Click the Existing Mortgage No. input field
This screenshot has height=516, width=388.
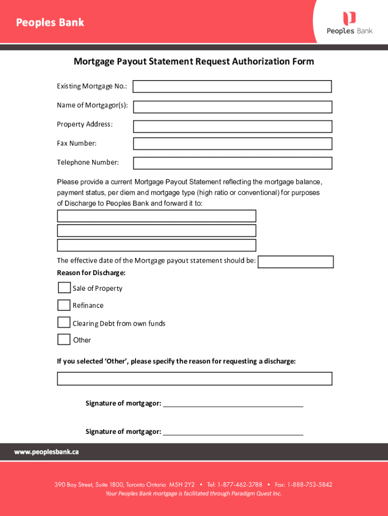click(x=232, y=87)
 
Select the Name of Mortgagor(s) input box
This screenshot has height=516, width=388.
click(x=232, y=107)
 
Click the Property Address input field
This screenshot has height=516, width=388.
click(x=232, y=126)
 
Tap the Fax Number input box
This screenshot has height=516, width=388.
click(x=232, y=144)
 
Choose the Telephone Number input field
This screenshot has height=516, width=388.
click(x=232, y=163)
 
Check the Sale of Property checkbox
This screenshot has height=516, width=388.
click(x=64, y=288)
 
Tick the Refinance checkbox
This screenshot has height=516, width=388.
click(x=64, y=305)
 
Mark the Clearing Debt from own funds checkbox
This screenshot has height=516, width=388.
click(x=64, y=322)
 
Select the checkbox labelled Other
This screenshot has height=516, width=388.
click(x=64, y=340)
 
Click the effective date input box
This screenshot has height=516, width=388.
click(x=295, y=262)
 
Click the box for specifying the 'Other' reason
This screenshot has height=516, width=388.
click(x=195, y=378)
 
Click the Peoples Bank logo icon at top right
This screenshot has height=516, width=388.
click(x=349, y=18)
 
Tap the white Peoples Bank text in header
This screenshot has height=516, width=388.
click(x=50, y=23)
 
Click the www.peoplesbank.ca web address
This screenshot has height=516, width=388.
click(x=46, y=452)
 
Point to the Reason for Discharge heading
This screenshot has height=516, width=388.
click(x=91, y=273)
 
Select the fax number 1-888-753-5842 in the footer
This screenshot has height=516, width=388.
click(x=309, y=485)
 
